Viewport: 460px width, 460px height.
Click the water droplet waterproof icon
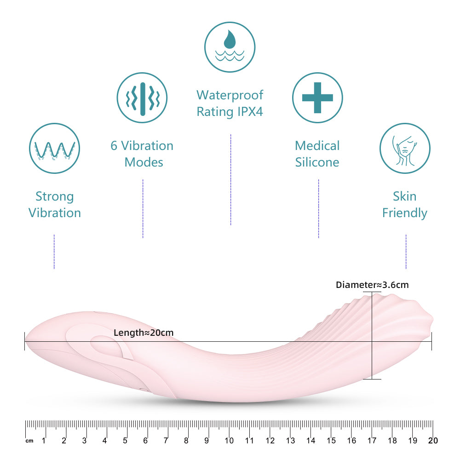click(230, 47)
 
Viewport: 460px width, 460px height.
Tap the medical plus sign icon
click(317, 98)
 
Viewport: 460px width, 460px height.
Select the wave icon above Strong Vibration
click(55, 148)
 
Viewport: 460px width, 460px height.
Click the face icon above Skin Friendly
click(404, 148)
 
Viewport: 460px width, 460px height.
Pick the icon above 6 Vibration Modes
click(142, 98)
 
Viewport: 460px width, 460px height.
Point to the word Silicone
click(317, 162)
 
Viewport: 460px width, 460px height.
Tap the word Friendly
click(404, 213)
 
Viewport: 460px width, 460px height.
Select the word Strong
click(54, 197)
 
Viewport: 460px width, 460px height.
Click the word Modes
click(144, 162)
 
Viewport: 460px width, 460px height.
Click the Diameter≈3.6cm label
click(372, 285)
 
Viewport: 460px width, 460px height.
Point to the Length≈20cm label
click(144, 333)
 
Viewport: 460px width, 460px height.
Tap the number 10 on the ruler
click(229, 441)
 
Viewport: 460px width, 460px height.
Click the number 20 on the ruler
click(432, 441)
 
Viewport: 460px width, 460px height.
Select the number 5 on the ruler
click(125, 441)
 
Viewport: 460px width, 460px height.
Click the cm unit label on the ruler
click(29, 441)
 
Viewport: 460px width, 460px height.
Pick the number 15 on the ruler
click(331, 441)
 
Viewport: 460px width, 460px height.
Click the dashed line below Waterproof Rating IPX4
click(230, 179)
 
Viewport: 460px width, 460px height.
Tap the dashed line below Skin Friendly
click(406, 252)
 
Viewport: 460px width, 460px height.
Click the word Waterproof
click(230, 95)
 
